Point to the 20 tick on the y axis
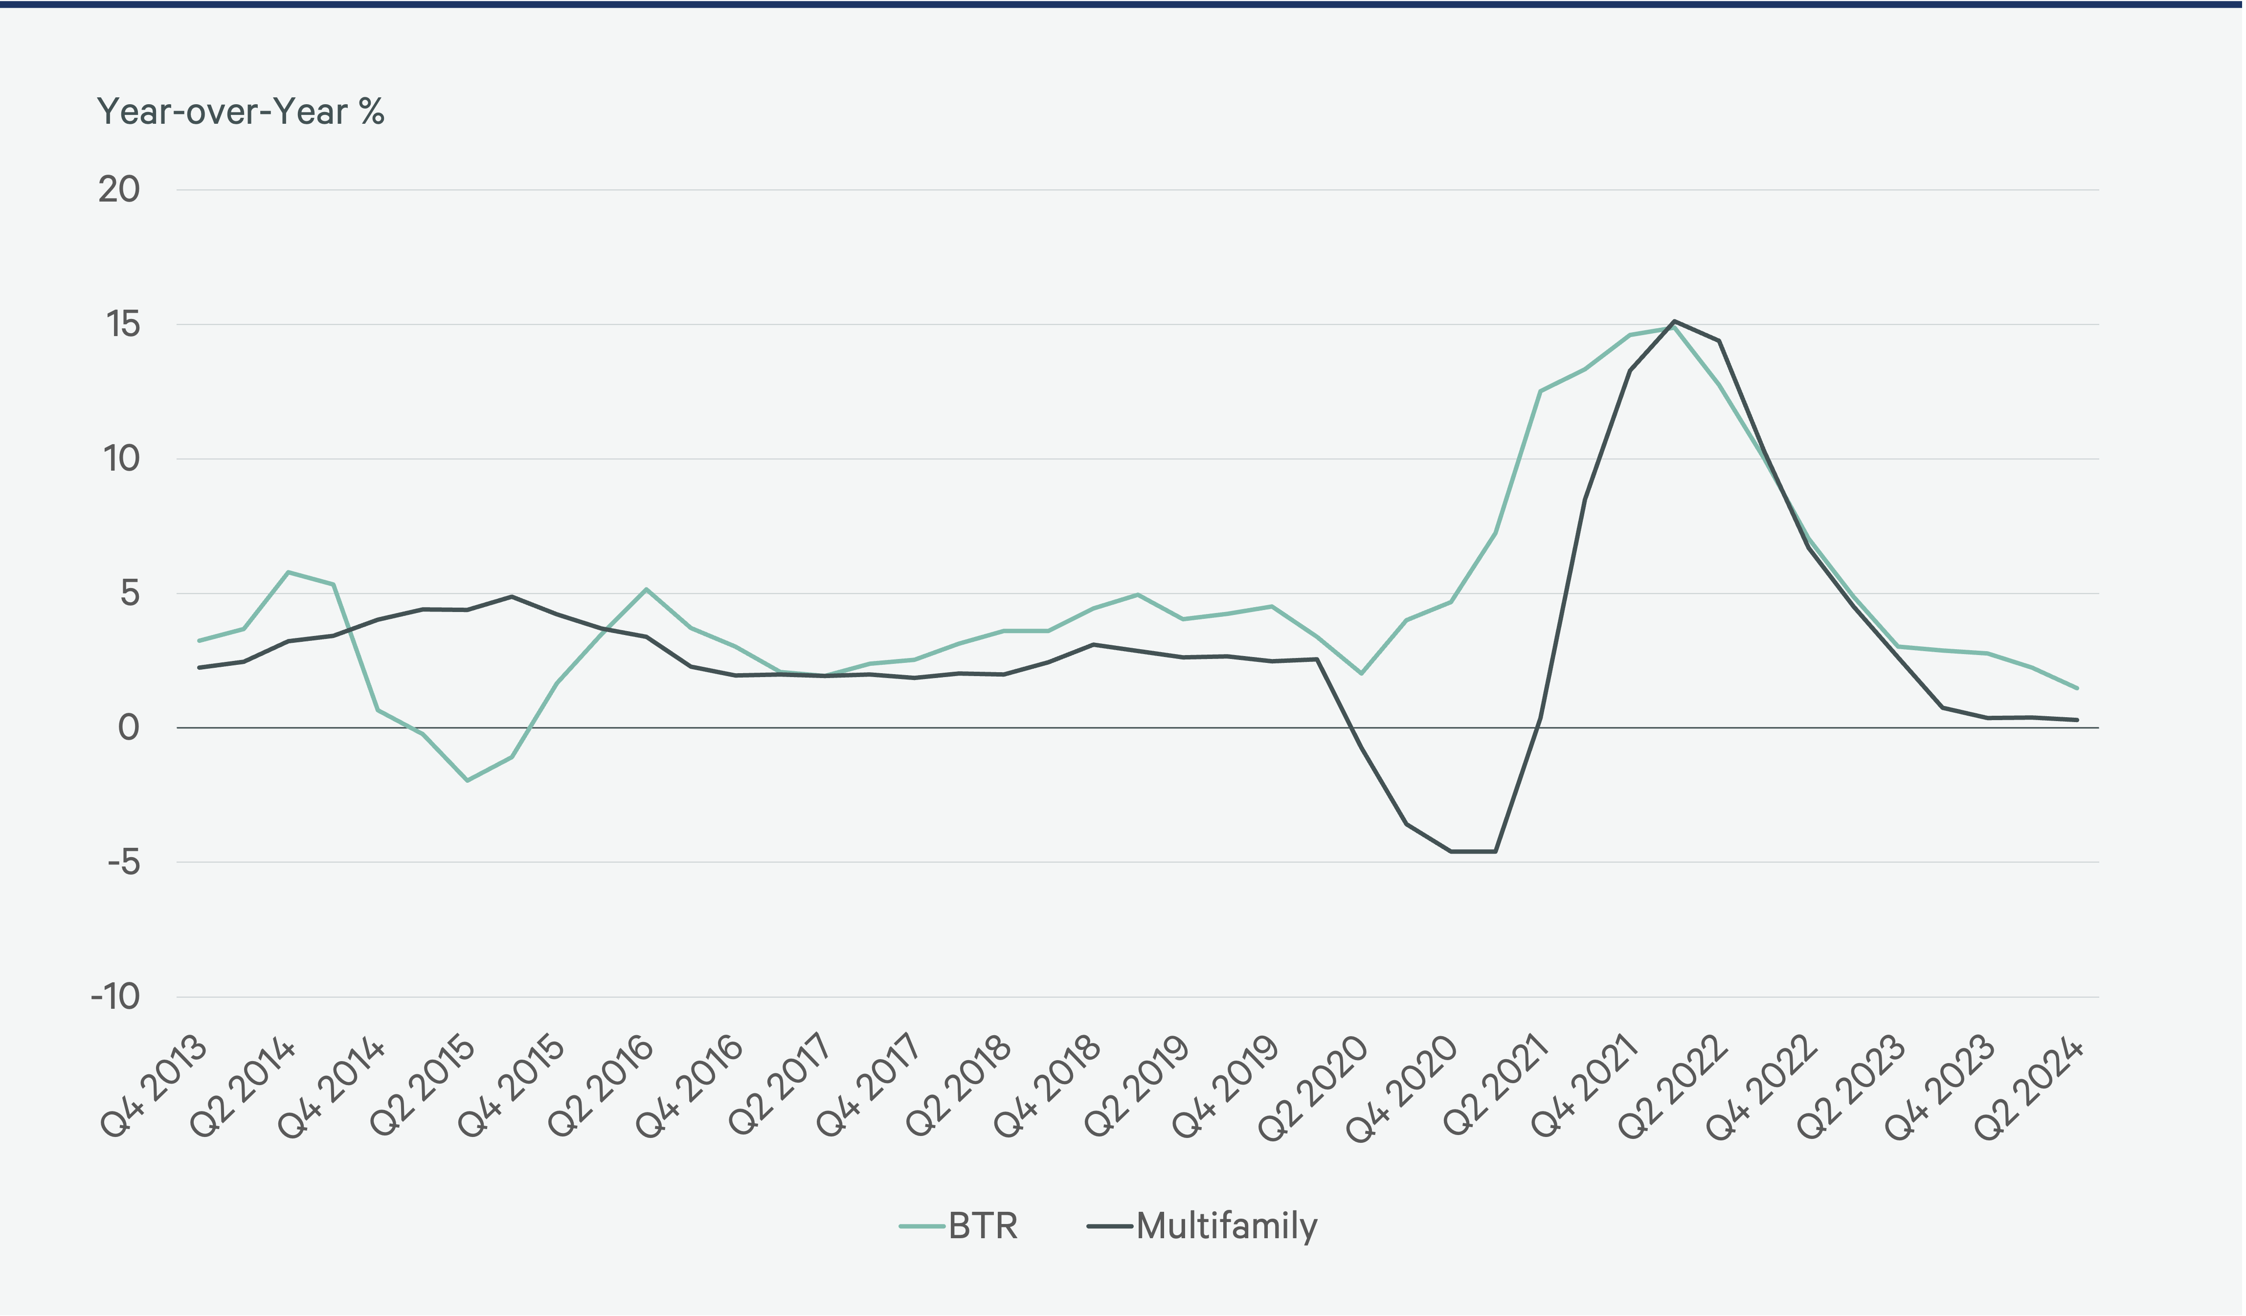coord(119,190)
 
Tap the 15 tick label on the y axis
coord(123,324)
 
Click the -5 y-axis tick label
coord(123,862)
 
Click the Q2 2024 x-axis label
coord(2029,1088)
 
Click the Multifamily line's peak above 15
coord(1674,321)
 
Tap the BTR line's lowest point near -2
coord(467,780)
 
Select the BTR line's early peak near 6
coord(288,572)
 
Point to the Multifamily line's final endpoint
coord(2077,720)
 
